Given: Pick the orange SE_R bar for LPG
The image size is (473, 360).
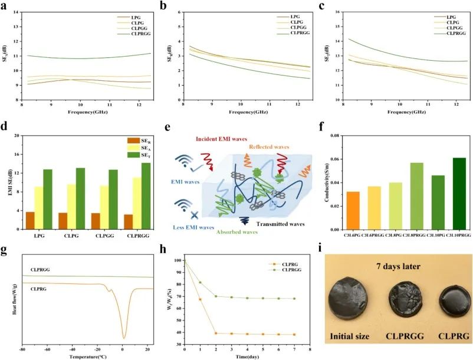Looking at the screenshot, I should (x=29, y=221).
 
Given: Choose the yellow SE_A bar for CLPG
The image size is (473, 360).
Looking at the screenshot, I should (x=72, y=207).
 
